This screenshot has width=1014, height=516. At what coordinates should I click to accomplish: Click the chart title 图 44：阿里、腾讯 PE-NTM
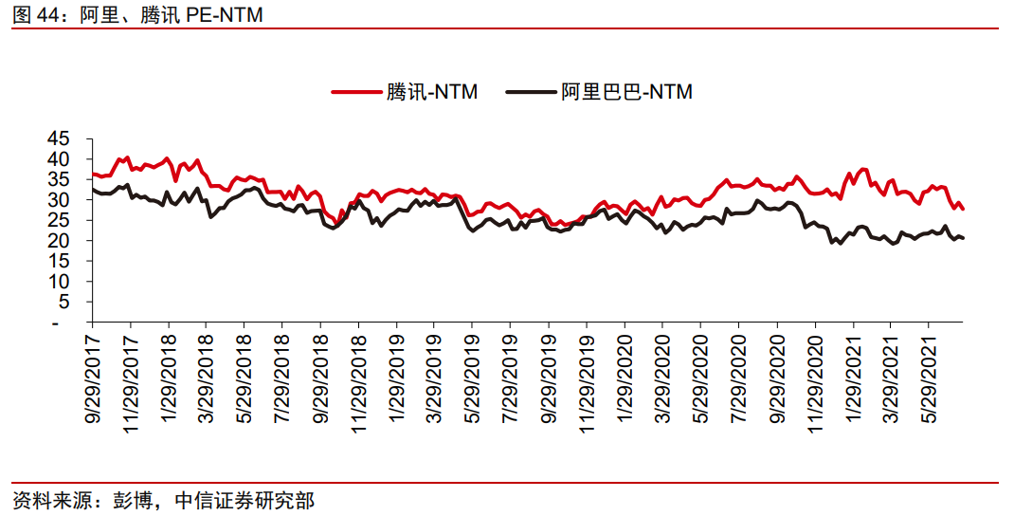point(137,14)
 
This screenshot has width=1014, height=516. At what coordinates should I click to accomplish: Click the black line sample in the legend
point(531,92)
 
